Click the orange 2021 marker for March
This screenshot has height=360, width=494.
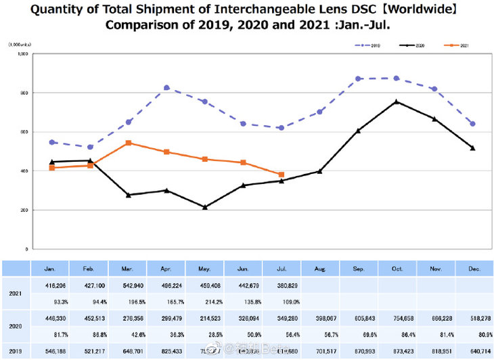pos(128,143)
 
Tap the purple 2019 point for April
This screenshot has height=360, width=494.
pos(166,88)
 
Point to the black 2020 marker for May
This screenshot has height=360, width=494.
pos(204,207)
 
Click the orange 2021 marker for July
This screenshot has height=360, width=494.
pos(281,175)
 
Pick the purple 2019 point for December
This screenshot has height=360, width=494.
pos(472,124)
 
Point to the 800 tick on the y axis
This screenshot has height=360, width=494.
pos(22,93)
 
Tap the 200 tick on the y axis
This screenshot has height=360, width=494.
pos(22,210)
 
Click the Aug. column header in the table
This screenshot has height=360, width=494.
pos(320,269)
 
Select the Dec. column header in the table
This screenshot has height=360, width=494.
pos(473,269)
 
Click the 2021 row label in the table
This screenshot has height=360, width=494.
pos(16,293)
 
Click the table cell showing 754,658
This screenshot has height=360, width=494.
pos(396,317)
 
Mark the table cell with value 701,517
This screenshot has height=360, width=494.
pos(320,351)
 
